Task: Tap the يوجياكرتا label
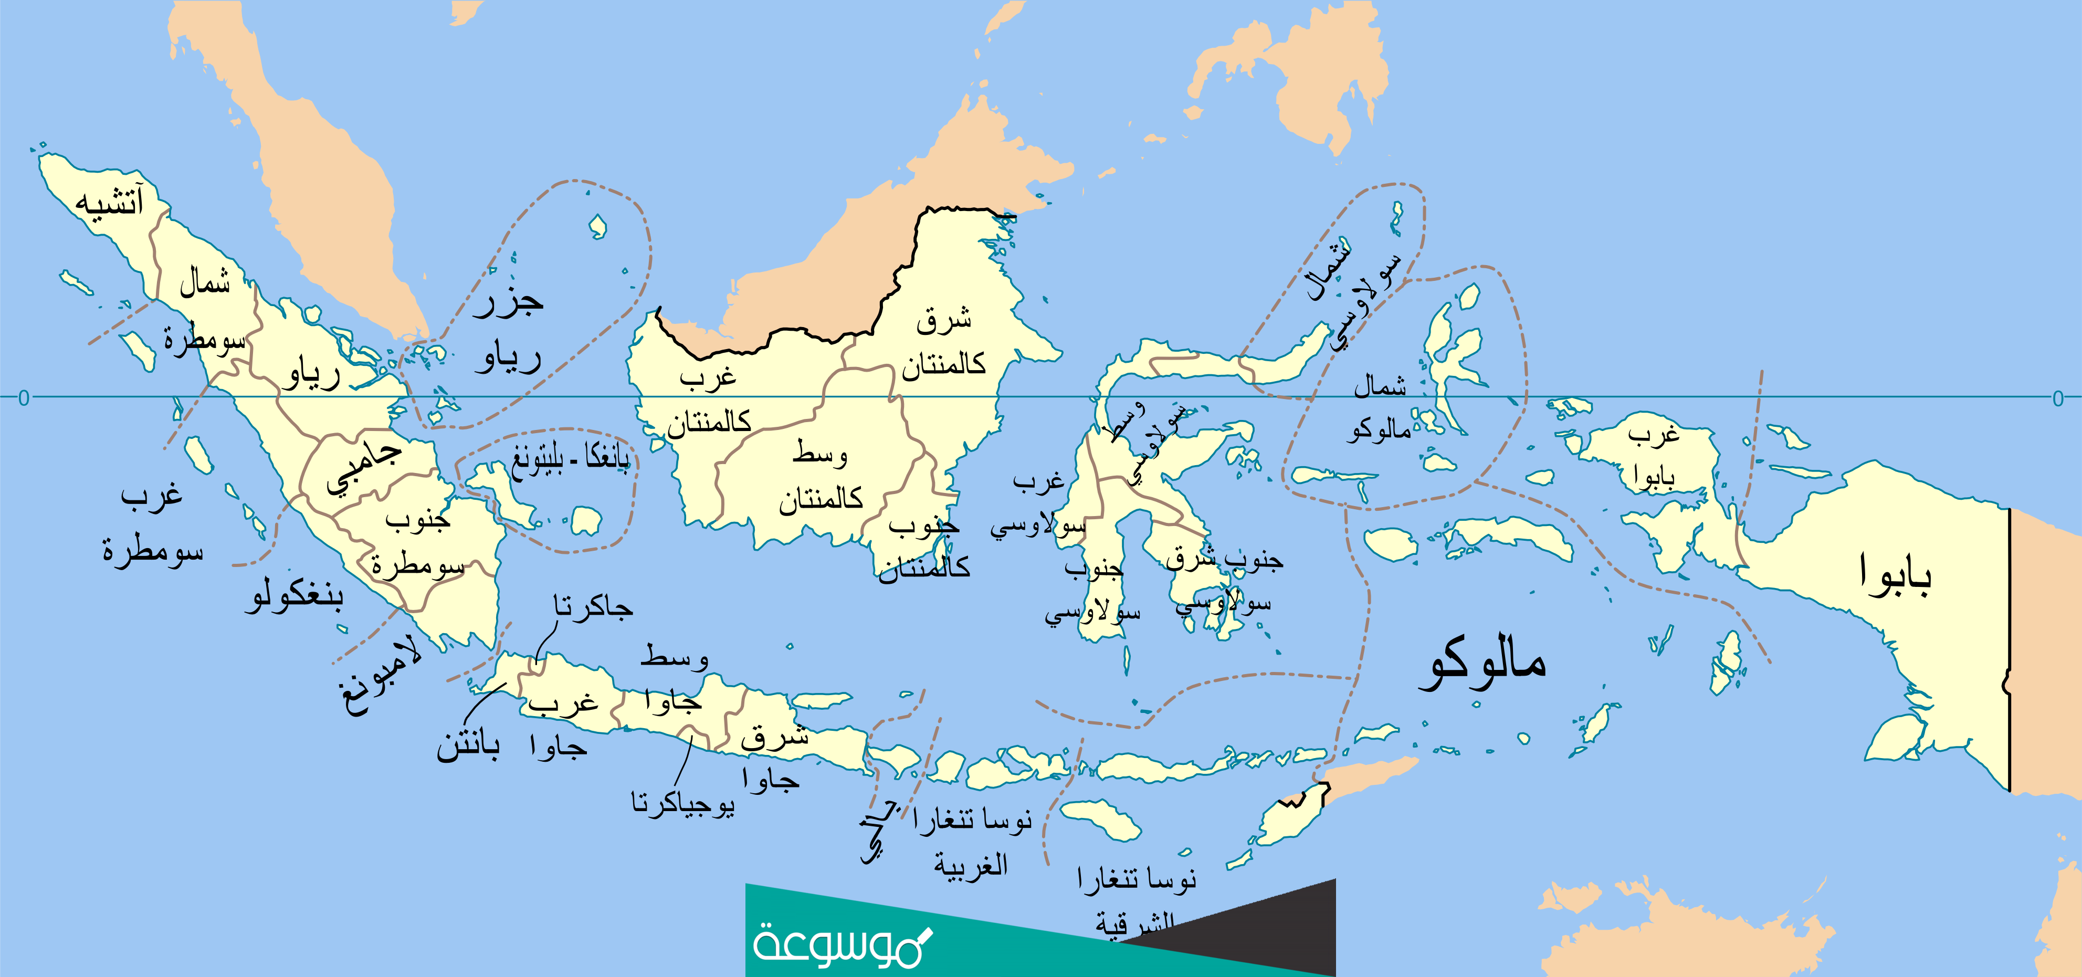tap(683, 804)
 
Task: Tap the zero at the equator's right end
tap(2058, 397)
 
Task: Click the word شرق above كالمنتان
tap(943, 320)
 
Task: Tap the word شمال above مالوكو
tap(1381, 386)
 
